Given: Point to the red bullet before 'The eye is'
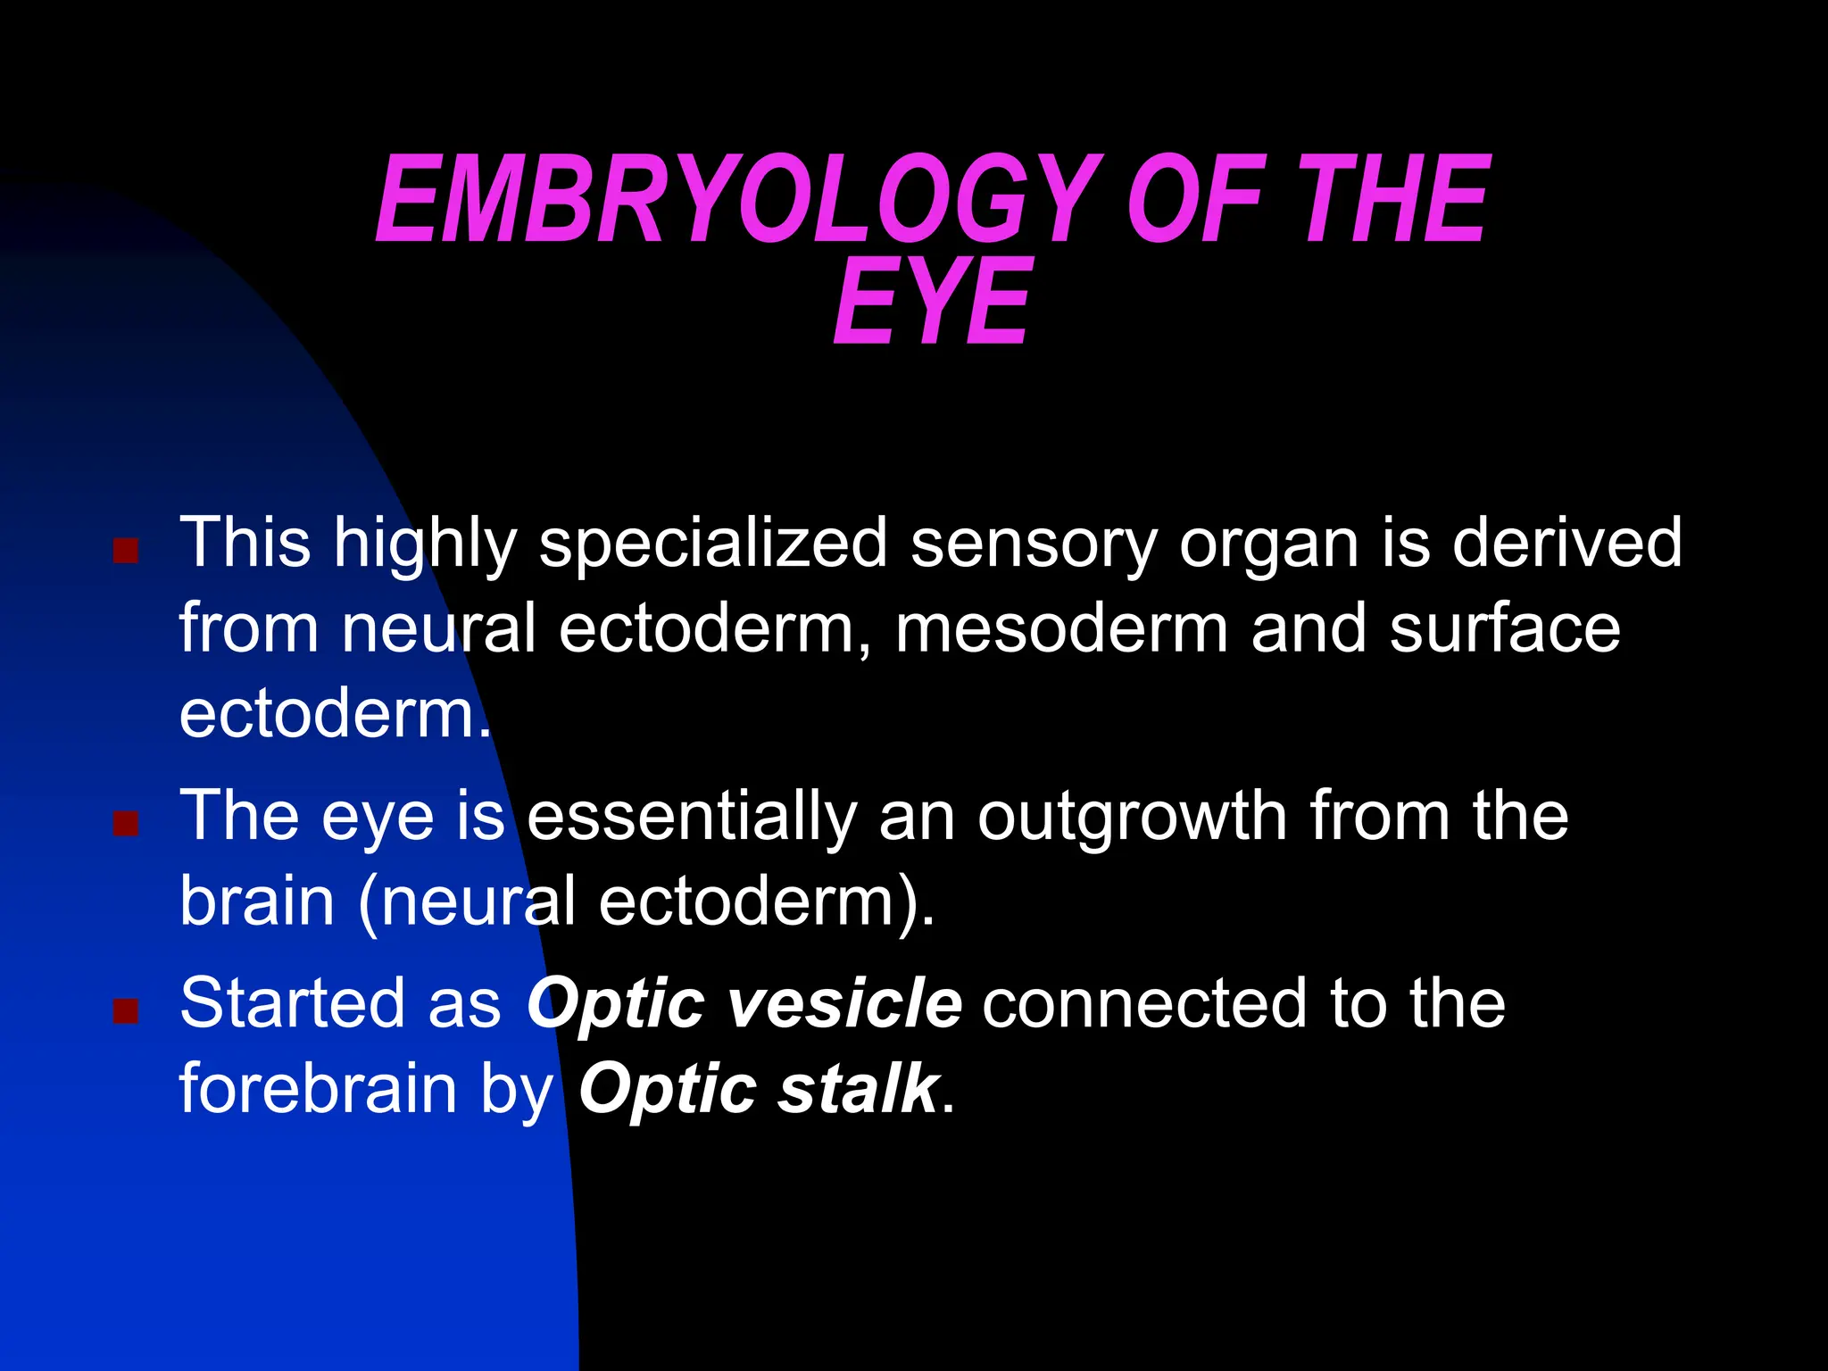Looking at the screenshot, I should click(126, 823).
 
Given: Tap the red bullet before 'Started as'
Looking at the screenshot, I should click(126, 1010).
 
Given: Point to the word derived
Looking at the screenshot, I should click(1566, 543).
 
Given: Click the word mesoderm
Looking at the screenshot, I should click(1062, 628).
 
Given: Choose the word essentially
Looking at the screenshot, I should click(692, 816).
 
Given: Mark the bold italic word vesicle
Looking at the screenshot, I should click(844, 1003).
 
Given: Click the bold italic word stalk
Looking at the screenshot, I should click(858, 1089).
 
